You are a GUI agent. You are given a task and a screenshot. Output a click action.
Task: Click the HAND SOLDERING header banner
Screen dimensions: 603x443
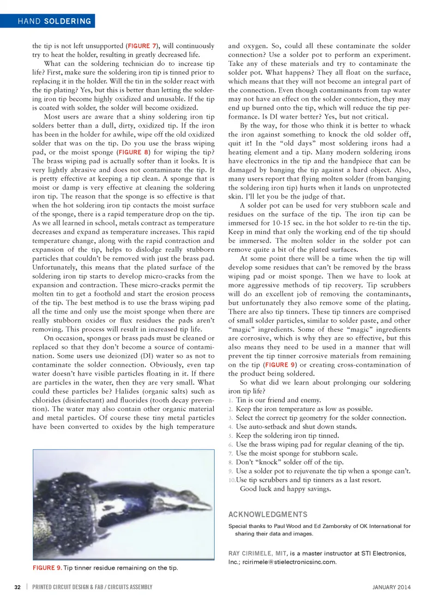(54, 21)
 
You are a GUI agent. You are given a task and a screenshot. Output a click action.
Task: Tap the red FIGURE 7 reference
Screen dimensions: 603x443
(142, 46)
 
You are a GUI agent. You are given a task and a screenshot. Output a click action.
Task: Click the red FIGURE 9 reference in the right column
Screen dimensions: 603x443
(280, 365)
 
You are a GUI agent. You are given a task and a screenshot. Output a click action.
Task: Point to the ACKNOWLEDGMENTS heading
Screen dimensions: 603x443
(268, 514)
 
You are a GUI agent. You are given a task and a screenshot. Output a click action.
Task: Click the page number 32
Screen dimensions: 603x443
(18, 587)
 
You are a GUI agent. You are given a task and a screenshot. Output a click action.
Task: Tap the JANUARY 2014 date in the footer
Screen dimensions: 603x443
(391, 587)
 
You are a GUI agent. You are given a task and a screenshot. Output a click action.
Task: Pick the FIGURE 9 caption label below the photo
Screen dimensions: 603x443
(47, 568)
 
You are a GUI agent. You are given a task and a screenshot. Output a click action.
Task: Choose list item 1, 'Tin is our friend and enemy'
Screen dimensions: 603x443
(278, 400)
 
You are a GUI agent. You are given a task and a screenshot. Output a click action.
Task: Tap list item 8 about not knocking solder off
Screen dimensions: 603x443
(289, 462)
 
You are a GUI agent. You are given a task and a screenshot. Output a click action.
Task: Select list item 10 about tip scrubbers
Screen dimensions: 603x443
(308, 480)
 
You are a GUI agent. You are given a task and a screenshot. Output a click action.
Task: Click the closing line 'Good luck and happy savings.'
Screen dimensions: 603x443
(285, 489)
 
